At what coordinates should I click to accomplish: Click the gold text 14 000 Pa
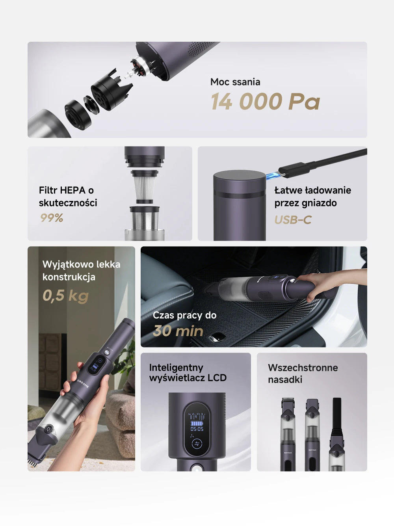pyautogui.click(x=266, y=101)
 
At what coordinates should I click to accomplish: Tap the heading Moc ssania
pyautogui.click(x=235, y=82)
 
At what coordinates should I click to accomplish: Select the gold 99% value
pyautogui.click(x=52, y=218)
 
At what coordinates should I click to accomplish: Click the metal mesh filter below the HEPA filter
pyautogui.click(x=145, y=221)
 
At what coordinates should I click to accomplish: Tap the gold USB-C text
pyautogui.click(x=293, y=220)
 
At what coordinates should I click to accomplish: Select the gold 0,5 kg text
pyautogui.click(x=66, y=296)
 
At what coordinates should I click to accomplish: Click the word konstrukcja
pyautogui.click(x=69, y=277)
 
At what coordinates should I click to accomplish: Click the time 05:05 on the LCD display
pyautogui.click(x=197, y=429)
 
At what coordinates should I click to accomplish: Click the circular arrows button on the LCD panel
pyautogui.click(x=197, y=444)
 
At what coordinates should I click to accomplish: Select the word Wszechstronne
pyautogui.click(x=303, y=368)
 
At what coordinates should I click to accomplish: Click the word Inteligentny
pyautogui.click(x=176, y=368)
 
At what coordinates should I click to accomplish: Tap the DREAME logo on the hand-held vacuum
pyautogui.click(x=83, y=384)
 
